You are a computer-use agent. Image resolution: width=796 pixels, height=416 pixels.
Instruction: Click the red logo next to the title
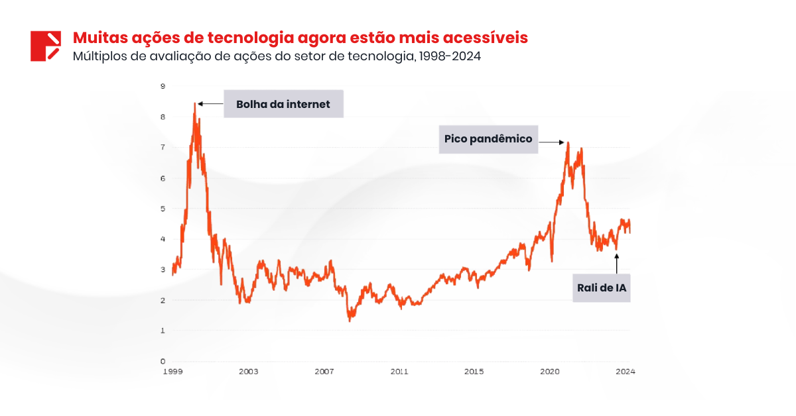46,46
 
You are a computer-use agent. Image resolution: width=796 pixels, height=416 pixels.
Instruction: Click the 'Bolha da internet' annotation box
283,104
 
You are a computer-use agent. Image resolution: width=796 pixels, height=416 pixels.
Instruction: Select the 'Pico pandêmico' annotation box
488,139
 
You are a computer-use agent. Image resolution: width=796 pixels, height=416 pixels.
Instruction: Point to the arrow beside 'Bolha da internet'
210,104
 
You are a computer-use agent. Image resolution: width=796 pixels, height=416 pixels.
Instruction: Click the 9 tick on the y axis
163,86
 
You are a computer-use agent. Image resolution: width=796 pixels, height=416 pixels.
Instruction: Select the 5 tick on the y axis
163,209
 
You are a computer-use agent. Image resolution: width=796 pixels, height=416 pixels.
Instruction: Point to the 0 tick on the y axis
163,362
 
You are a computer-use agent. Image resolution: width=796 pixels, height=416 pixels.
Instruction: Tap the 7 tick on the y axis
163,147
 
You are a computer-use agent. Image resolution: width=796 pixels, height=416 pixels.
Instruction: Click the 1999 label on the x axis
172,372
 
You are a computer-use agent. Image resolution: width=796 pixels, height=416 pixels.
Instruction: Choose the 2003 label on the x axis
248,372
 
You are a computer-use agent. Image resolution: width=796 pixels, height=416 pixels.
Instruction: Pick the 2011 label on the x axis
399,372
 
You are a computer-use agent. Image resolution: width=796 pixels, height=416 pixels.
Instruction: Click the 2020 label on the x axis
550,372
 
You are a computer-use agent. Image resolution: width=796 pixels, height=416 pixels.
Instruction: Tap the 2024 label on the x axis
625,372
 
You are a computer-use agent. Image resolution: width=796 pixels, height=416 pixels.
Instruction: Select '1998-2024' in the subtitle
450,56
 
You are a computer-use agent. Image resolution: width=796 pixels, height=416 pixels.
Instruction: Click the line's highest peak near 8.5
195,103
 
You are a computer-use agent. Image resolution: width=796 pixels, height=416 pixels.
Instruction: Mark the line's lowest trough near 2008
350,321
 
